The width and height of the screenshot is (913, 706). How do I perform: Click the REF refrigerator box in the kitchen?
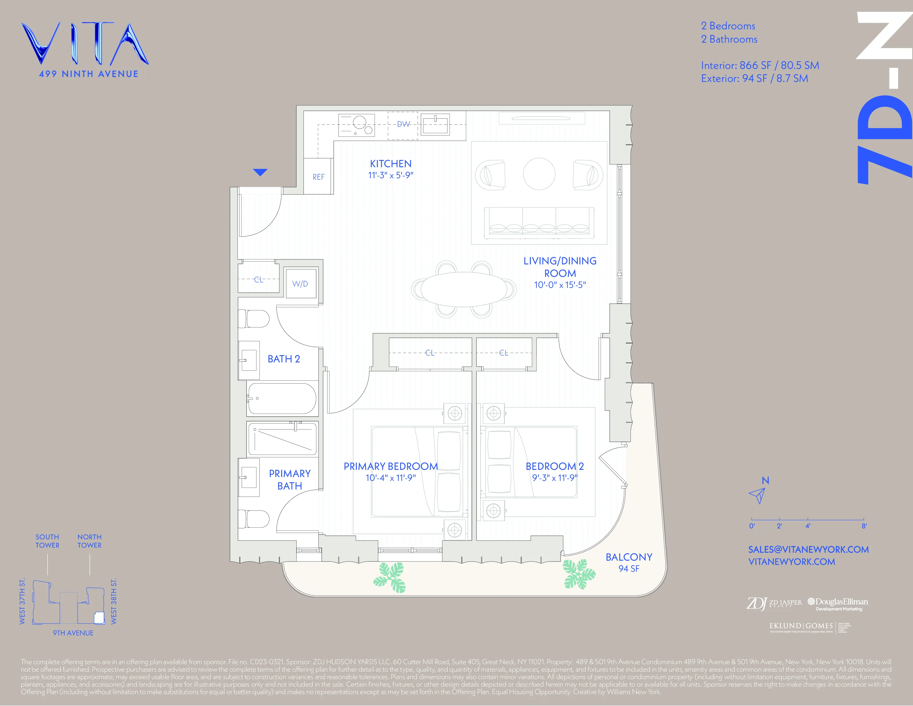pos(318,177)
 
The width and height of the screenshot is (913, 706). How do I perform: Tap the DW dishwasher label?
pos(403,124)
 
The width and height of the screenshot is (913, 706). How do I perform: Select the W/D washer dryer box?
pos(300,284)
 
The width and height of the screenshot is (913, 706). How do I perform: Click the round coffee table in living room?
pos(539,174)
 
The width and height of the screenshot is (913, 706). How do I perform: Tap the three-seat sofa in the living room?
pos(539,222)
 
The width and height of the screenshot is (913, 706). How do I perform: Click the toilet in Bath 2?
pos(254,319)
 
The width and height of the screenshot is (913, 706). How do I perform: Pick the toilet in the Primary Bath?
pos(254,519)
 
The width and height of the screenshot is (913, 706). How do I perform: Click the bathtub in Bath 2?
pos(282,399)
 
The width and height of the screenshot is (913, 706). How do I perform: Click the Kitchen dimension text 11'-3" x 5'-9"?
pos(390,176)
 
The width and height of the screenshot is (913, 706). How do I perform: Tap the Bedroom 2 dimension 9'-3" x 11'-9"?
pos(554,478)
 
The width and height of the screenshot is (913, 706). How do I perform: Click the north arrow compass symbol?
pos(758,495)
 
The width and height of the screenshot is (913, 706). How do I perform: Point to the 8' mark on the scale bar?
pos(864,526)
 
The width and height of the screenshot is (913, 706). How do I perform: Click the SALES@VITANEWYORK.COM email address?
pos(808,550)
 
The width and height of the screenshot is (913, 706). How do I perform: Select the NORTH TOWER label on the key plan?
pos(89,541)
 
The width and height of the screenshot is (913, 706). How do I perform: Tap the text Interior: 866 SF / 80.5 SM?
pos(759,65)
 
